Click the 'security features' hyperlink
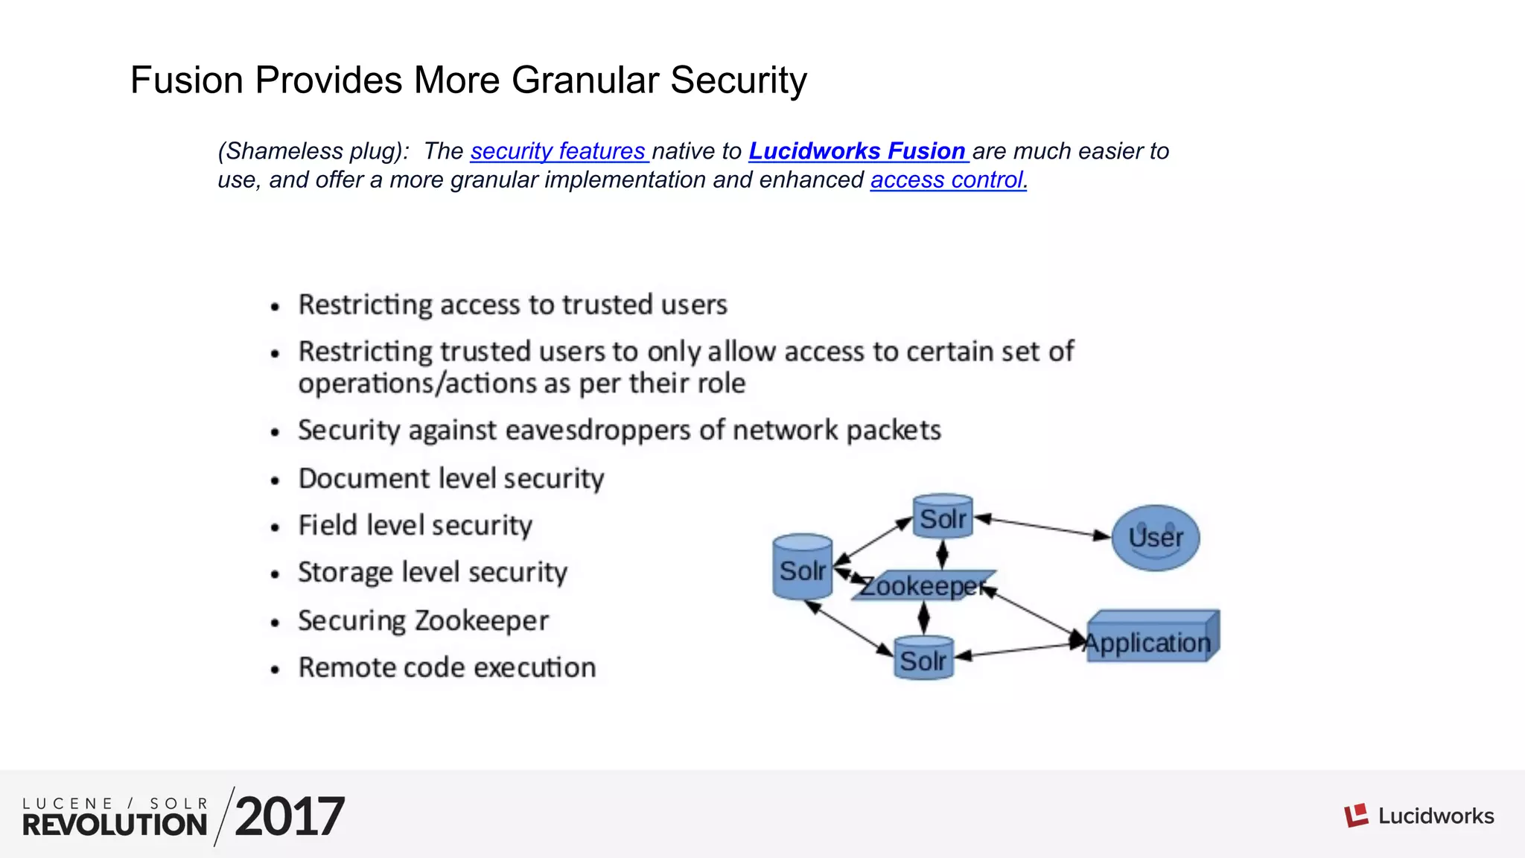558,151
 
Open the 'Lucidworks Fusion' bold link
856,151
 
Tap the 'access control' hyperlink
946,180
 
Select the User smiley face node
1155,538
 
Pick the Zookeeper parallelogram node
923,586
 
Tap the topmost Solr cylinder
943,515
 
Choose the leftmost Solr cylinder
802,568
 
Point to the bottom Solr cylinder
923,658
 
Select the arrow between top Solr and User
1042,527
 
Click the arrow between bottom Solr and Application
1020,650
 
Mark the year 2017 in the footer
290,817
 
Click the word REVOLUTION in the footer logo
115,825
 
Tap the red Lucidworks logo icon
1356,816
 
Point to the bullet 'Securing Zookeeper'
423,620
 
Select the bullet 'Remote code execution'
447,667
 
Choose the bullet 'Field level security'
415,525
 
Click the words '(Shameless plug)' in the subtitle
313,151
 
